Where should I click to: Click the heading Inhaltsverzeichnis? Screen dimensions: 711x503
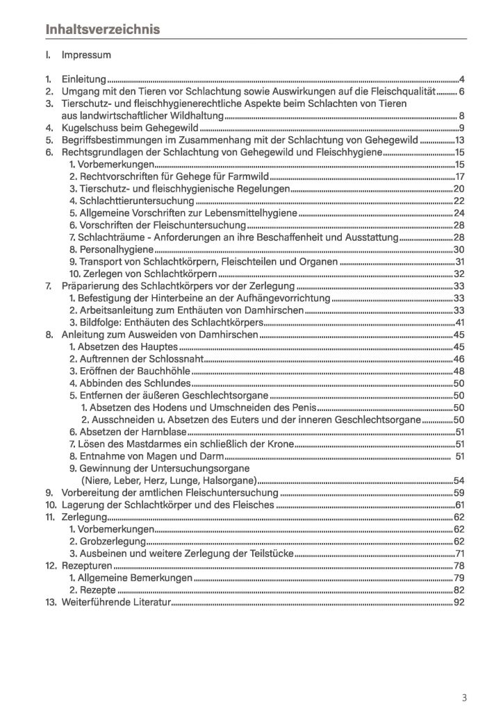coord(103,29)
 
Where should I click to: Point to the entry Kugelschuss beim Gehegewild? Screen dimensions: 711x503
coord(121,128)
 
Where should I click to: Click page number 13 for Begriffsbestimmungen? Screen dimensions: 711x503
coord(459,140)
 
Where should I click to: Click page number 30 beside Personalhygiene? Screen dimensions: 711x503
coord(459,249)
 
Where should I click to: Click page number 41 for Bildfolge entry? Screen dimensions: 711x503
coord(459,322)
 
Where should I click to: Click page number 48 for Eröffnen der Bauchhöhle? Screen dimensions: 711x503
coord(459,371)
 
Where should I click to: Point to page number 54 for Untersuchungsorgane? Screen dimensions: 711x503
coord(459,480)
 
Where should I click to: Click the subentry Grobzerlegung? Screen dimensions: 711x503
coord(108,541)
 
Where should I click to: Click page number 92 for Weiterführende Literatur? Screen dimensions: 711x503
coord(459,602)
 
